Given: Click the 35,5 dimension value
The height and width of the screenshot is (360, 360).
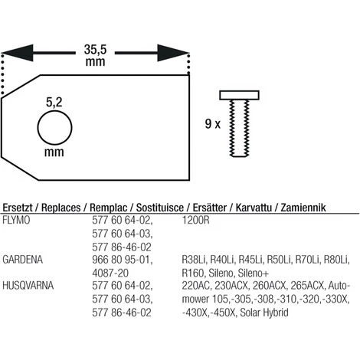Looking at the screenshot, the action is (x=95, y=50).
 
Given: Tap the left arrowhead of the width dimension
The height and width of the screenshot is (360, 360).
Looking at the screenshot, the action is (x=17, y=53).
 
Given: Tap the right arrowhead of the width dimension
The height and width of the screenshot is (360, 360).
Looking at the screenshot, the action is (x=173, y=53).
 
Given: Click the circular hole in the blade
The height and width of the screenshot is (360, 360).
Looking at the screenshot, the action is (x=54, y=128).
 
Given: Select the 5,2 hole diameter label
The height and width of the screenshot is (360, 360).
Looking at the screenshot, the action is (x=54, y=103).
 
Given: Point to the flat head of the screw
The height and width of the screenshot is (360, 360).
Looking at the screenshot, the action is (x=240, y=95).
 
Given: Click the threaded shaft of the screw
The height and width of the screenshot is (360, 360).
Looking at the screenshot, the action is (x=239, y=128).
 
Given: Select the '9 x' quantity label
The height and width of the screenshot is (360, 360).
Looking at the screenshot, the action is (x=213, y=124).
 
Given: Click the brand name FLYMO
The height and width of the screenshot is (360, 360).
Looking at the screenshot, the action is (x=16, y=220).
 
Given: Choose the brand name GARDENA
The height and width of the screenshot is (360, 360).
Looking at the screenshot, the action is (x=22, y=260).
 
